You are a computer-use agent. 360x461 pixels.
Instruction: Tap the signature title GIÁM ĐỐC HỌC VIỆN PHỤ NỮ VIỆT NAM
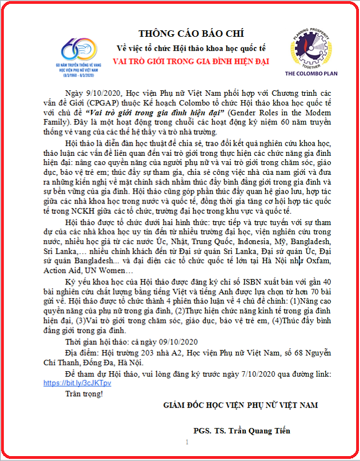(241, 405)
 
